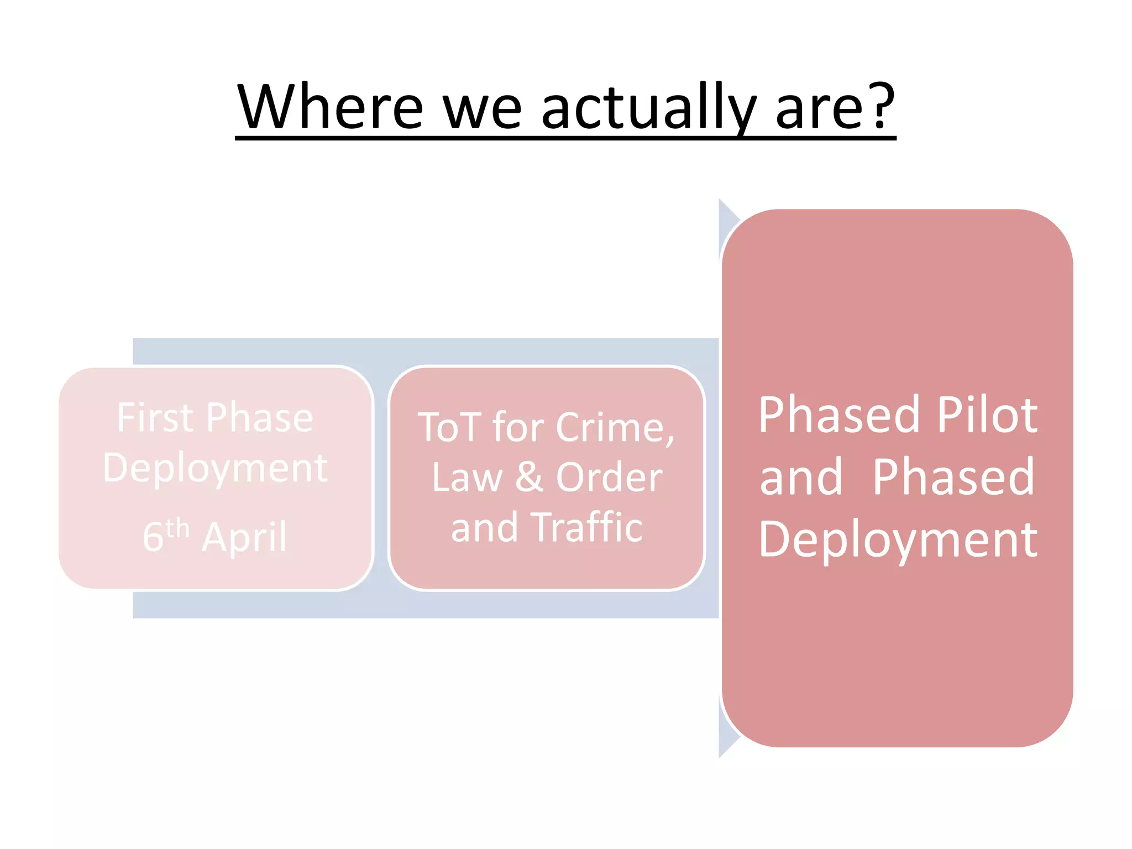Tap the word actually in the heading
648,107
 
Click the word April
244,537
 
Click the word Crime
615,427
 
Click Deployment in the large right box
898,541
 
